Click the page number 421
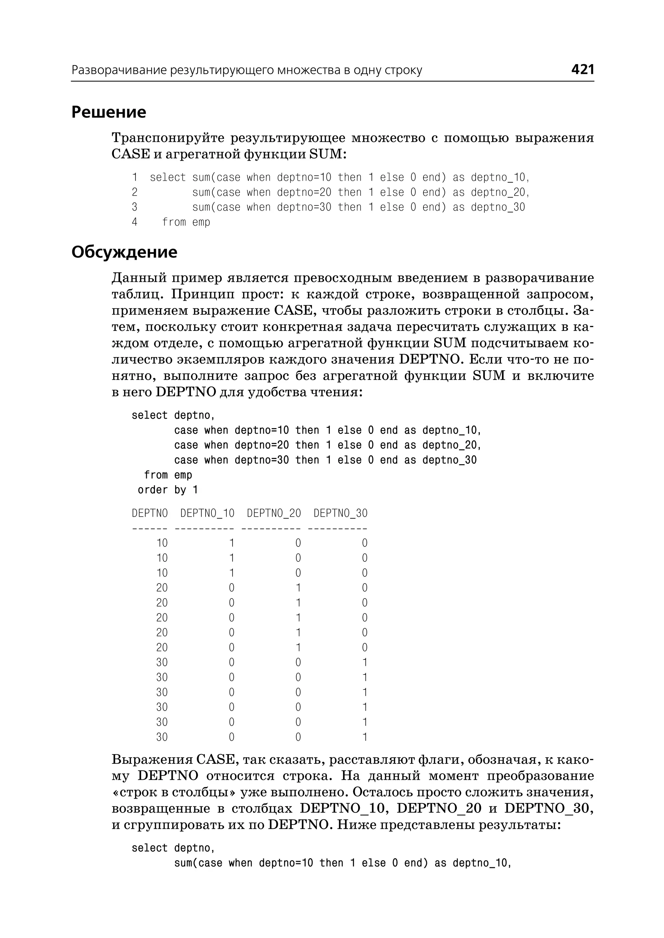pyautogui.click(x=582, y=69)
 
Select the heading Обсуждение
pyautogui.click(x=124, y=252)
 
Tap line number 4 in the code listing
pyautogui.click(x=135, y=222)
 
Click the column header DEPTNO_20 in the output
pyautogui.click(x=274, y=513)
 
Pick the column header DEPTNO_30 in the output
pyautogui.click(x=340, y=513)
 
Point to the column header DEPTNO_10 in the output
pyautogui.click(x=207, y=513)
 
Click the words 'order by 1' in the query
pyautogui.click(x=168, y=490)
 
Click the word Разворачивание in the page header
pyautogui.click(x=119, y=70)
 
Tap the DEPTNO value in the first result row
pyautogui.click(x=162, y=543)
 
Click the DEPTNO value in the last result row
pyautogui.click(x=162, y=737)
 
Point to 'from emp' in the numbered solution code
pyautogui.click(x=186, y=222)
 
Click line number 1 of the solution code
pyautogui.click(x=135, y=177)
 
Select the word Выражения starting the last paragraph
pyautogui.click(x=152, y=760)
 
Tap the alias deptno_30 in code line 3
pyautogui.click(x=498, y=207)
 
